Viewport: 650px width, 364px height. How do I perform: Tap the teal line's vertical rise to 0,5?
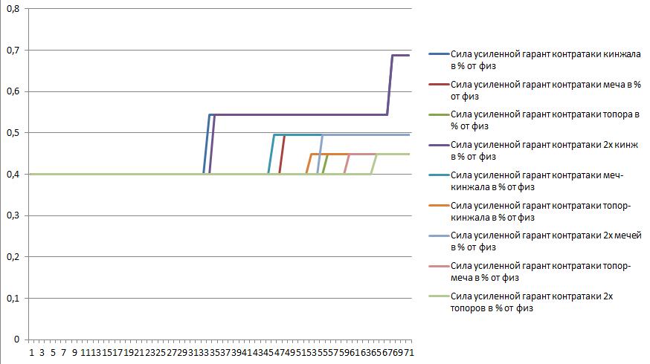coord(271,155)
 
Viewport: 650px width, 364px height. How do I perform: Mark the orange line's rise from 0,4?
coord(308,163)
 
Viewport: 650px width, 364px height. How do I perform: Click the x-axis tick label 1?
coord(31,351)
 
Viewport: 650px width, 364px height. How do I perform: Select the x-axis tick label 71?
coord(409,351)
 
